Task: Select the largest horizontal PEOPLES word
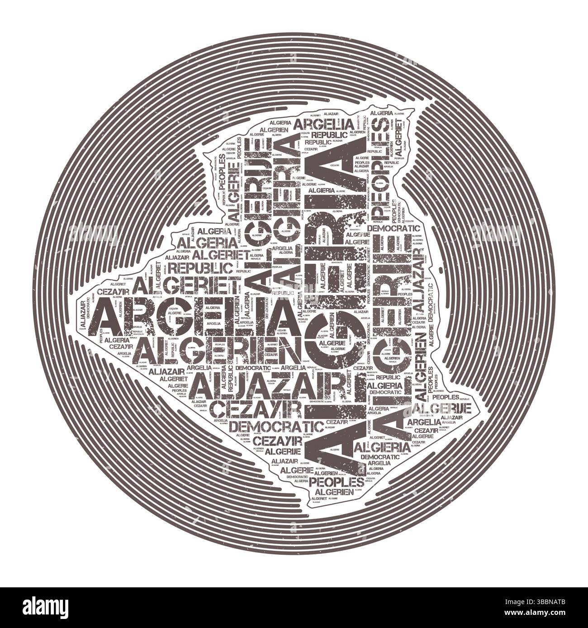(338, 481)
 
